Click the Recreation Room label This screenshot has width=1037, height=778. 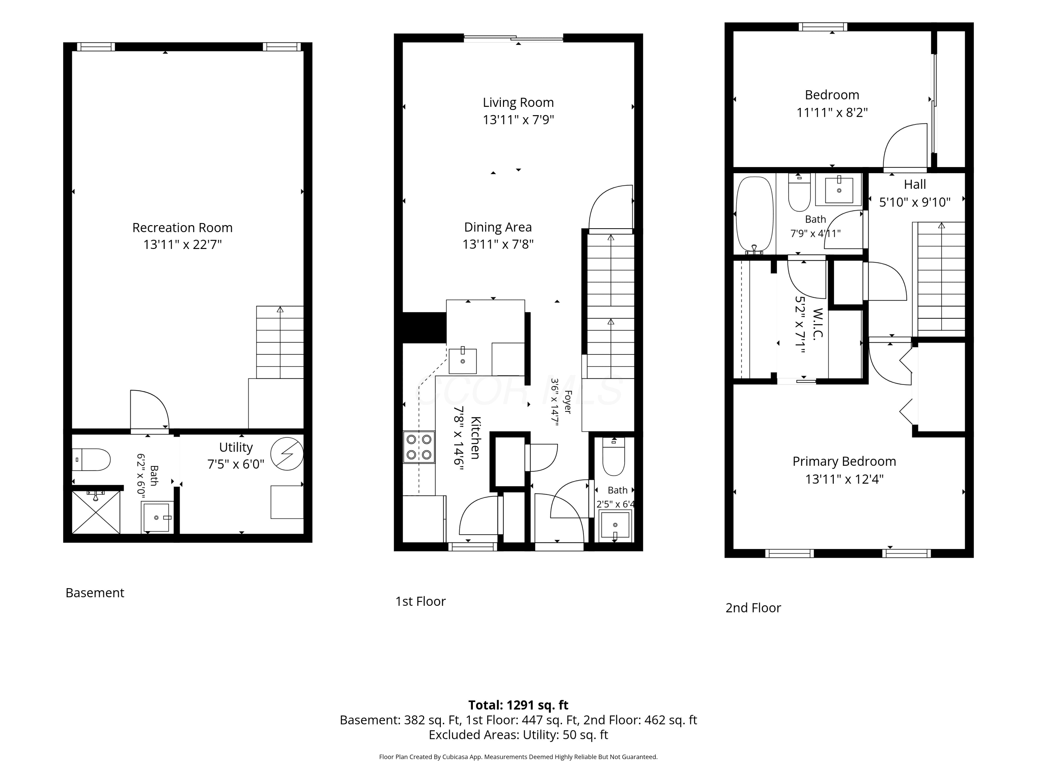[183, 228]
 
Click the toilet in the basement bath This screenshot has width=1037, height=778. [91, 460]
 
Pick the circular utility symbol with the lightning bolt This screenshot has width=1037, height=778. [287, 454]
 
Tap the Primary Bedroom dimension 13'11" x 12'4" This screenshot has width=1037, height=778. [844, 479]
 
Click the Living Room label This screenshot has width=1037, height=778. [518, 102]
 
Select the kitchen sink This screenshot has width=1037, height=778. [463, 361]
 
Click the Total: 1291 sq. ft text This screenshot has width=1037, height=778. [518, 705]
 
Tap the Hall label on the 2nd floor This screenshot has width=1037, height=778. [915, 184]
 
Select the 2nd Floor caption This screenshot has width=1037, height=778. [753, 608]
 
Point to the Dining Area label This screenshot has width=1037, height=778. [498, 228]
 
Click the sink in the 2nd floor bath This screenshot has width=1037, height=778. [839, 189]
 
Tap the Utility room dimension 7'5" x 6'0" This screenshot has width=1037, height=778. [236, 464]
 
